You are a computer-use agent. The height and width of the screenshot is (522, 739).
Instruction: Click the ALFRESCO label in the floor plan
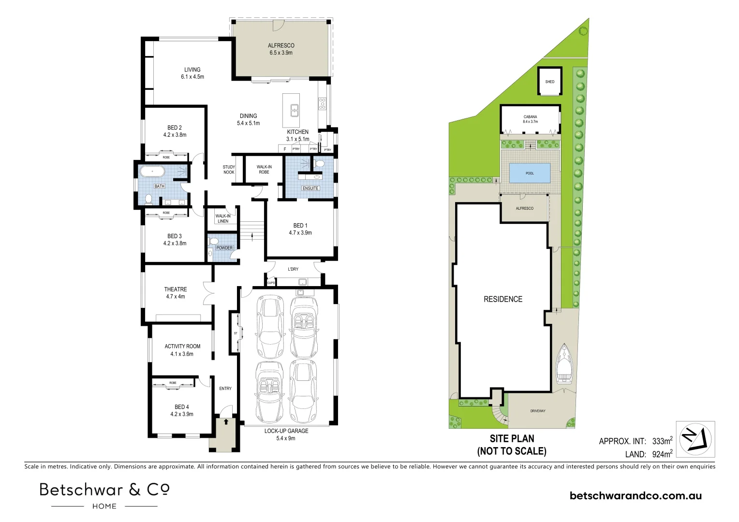pyautogui.click(x=281, y=45)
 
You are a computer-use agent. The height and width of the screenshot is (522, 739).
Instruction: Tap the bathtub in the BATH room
pyautogui.click(x=152, y=171)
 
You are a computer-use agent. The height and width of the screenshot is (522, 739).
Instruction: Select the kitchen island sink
pyautogui.click(x=294, y=110)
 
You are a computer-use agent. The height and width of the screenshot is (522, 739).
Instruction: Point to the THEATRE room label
pyautogui.click(x=175, y=289)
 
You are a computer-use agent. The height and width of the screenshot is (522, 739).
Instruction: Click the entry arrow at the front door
pyautogui.click(x=225, y=421)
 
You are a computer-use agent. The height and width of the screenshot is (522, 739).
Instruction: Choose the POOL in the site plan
pyautogui.click(x=530, y=173)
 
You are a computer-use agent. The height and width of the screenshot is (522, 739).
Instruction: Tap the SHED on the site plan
pyautogui.click(x=549, y=82)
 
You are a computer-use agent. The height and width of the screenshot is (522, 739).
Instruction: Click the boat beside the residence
pyautogui.click(x=563, y=363)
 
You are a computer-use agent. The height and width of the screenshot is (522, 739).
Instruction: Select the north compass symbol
pyautogui.click(x=695, y=439)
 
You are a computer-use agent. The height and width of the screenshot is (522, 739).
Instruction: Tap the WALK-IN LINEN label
pyautogui.click(x=223, y=218)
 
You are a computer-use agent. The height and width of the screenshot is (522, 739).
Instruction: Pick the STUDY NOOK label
pyautogui.click(x=229, y=170)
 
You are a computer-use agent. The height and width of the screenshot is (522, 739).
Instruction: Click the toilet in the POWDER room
pyautogui.click(x=213, y=241)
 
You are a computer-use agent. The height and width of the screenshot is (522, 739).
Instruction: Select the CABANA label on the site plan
pyautogui.click(x=530, y=116)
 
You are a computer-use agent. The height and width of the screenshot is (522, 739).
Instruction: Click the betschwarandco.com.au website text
pyautogui.click(x=636, y=495)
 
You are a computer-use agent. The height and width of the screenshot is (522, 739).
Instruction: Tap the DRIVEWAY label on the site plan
pyautogui.click(x=537, y=411)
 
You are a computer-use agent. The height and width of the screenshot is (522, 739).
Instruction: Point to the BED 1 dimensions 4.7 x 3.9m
pyautogui.click(x=300, y=232)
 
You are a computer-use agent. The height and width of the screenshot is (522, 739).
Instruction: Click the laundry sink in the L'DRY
pyautogui.click(x=303, y=282)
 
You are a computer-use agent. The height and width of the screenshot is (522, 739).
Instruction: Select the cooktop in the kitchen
pyautogui.click(x=322, y=103)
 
